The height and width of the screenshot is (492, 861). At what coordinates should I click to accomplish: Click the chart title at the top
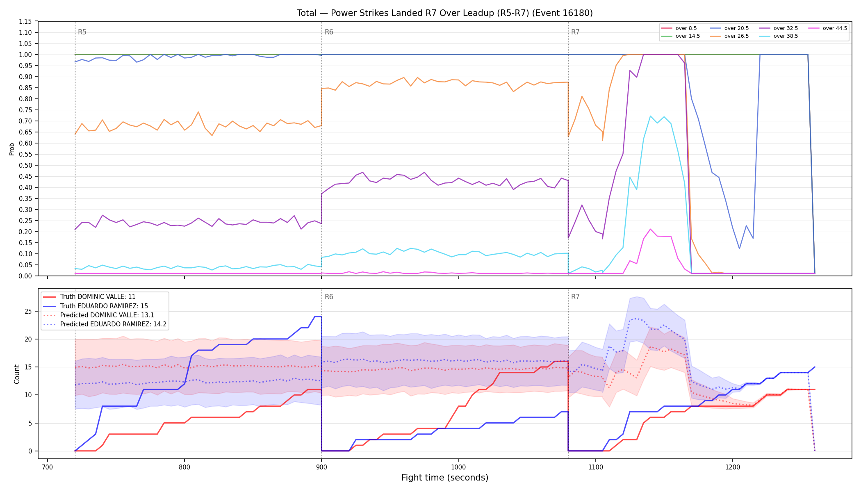(445, 13)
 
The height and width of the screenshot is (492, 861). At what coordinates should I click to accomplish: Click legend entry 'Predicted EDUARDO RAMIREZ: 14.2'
(105, 324)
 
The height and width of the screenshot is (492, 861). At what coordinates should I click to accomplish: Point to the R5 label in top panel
(82, 32)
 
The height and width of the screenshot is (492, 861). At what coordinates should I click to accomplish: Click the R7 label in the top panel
(575, 32)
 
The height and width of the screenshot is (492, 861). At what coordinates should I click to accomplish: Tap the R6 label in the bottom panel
(329, 297)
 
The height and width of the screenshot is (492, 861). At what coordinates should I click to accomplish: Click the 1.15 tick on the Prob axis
(25, 21)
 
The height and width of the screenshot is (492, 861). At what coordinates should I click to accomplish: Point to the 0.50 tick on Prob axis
(25, 165)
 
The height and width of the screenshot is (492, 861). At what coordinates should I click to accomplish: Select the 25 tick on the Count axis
(28, 311)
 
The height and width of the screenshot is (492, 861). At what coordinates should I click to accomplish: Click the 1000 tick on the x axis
(458, 467)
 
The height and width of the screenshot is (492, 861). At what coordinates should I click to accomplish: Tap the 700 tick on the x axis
(48, 467)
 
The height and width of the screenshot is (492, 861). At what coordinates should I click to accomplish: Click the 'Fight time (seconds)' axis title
(445, 478)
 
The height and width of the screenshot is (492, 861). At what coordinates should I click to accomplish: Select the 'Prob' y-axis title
(12, 149)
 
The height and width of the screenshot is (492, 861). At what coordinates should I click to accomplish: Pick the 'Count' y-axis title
(17, 374)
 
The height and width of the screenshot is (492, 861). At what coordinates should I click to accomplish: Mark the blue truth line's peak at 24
(318, 317)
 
